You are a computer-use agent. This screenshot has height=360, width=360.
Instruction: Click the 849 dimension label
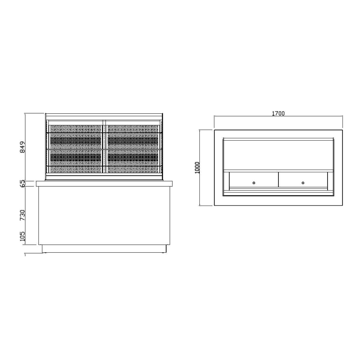point(22,147)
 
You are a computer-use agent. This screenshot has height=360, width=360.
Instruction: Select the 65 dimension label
point(22,183)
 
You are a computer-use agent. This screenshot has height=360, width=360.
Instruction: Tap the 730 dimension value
point(22,215)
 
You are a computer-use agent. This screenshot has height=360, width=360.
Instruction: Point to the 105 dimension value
point(22,236)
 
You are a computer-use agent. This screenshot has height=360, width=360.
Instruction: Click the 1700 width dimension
point(278,113)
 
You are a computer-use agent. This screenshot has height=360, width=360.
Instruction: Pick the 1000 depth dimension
point(197,168)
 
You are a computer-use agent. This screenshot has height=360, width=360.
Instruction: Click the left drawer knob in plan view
point(254,183)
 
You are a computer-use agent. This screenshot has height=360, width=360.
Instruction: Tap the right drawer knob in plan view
point(303,183)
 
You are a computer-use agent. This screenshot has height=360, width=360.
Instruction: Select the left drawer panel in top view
point(254,179)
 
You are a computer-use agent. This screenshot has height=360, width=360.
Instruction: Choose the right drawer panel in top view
point(303,179)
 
